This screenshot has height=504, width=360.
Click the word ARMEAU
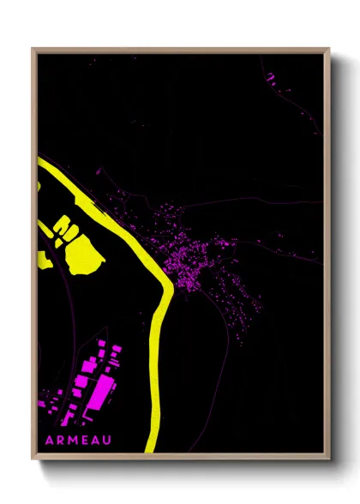coord(75,441)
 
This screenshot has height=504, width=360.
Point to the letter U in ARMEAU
coord(107,441)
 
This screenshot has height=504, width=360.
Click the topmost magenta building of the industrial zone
coord(102,344)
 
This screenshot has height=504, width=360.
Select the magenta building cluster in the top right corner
coord(270,78)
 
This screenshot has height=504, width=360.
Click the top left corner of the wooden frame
coord(33,49)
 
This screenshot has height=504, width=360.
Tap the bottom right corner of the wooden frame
coord(329,460)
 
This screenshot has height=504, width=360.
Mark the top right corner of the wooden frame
coord(329,49)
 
